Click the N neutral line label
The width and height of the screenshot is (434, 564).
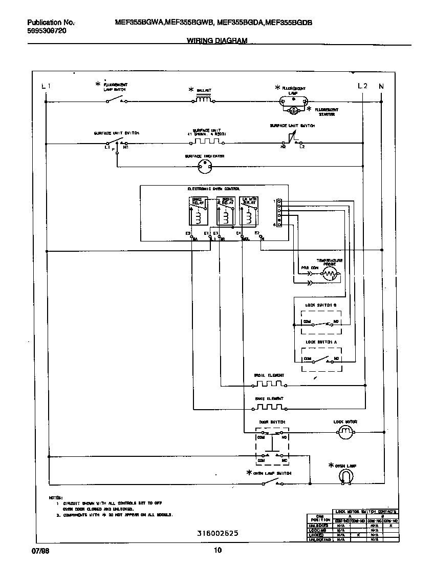(381, 86)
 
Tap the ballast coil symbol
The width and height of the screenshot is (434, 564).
(203, 99)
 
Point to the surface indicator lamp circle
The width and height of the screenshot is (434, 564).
(205, 165)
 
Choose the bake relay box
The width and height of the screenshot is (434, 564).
(198, 211)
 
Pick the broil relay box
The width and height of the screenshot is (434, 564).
(226, 211)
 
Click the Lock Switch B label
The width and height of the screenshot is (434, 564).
(321, 305)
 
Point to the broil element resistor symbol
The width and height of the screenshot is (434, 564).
(269, 384)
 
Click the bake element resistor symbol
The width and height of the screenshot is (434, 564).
(269, 408)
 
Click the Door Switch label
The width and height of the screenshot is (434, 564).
(272, 422)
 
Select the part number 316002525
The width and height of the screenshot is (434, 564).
(218, 533)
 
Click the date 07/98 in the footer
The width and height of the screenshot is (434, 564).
(33, 551)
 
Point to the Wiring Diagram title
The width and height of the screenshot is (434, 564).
(217, 41)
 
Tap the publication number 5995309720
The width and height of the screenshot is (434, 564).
(46, 31)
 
